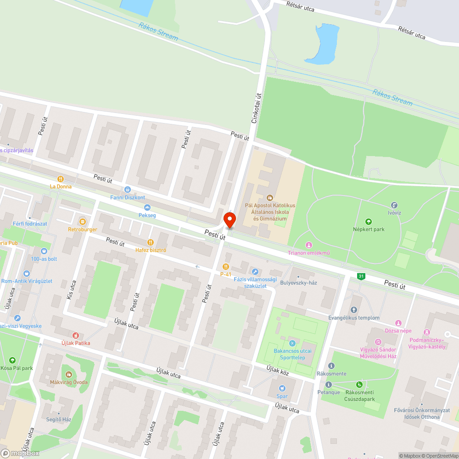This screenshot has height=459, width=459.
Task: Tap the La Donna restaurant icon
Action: [60, 179]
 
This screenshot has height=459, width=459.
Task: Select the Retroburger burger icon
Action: [83, 221]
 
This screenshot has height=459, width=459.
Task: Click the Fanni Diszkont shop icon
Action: [128, 190]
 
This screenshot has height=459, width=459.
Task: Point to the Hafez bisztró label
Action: [151, 250]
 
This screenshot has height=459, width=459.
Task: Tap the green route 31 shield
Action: [362, 276]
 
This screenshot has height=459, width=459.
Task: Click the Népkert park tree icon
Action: [368, 221]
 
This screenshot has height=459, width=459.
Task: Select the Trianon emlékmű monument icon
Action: [309, 245]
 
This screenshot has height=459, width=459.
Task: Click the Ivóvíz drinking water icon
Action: [394, 205]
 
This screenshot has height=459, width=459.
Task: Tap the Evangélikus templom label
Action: [354, 318]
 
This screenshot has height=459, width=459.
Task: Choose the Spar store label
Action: [282, 396]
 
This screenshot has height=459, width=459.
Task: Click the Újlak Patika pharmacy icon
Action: [76, 336]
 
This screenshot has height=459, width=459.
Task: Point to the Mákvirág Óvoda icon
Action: [69, 374]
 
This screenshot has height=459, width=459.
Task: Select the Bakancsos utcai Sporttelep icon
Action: [292, 343]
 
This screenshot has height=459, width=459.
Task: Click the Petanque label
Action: [329, 392]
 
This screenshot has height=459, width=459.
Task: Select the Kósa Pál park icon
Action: [12, 360]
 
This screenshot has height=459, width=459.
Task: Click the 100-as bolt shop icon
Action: [44, 251]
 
